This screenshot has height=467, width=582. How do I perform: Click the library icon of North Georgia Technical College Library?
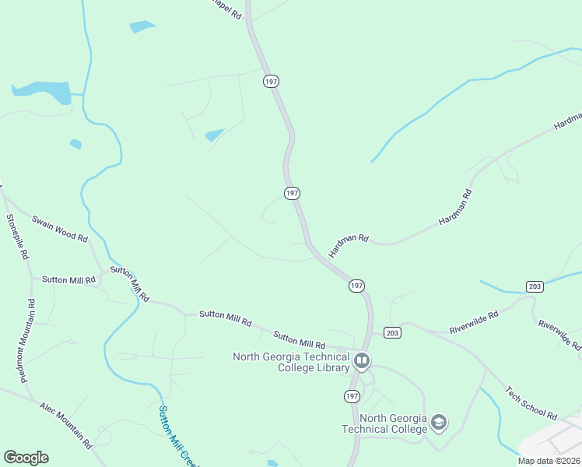pyautogui.click(x=362, y=361)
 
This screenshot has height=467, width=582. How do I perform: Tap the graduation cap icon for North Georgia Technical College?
pyautogui.click(x=439, y=423)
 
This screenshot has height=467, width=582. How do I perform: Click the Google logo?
pyautogui.click(x=26, y=458)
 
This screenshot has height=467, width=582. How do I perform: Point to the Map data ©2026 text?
pyautogui.click(x=549, y=461)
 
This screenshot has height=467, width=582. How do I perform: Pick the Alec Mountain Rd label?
pyautogui.click(x=67, y=426)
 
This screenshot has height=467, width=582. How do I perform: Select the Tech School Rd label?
pyautogui.click(x=531, y=403)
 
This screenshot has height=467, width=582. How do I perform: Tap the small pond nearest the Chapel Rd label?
pyautogui.click(x=142, y=26)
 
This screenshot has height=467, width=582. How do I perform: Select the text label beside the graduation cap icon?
pyautogui.click(x=384, y=423)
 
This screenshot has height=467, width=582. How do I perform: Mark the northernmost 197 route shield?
pyautogui.click(x=271, y=81)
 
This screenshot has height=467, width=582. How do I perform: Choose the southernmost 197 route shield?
pyautogui.click(x=352, y=396)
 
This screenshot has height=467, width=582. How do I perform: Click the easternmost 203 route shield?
pyautogui.click(x=534, y=286)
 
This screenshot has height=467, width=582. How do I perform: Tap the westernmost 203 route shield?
pyautogui.click(x=392, y=332)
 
